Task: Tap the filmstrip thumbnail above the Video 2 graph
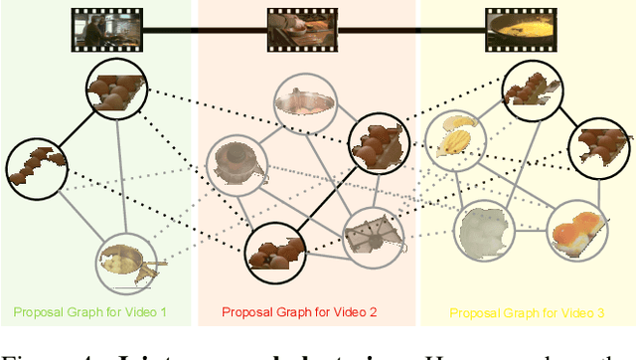pos(298,29)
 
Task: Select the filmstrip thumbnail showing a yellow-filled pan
pos(516,29)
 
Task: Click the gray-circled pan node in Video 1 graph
pos(126,262)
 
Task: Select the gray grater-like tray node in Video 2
pos(373,238)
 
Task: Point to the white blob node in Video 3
pos(485,231)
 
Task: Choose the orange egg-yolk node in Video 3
pos(577,228)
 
